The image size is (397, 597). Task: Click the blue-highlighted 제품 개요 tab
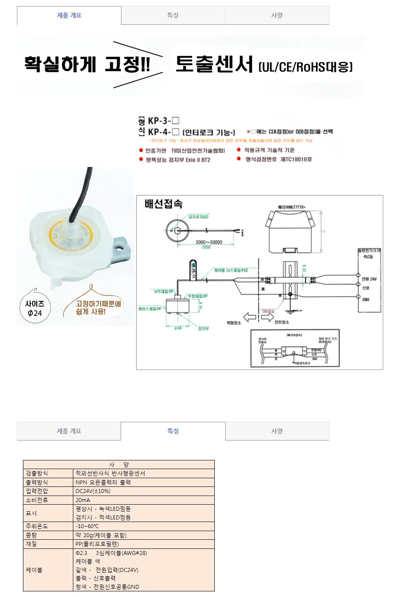click(x=69, y=15)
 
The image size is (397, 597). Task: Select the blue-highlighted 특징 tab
click(x=173, y=431)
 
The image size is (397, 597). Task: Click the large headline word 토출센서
click(x=214, y=65)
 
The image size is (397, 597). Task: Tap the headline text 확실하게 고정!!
click(x=87, y=65)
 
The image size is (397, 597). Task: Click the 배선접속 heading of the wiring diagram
click(x=164, y=204)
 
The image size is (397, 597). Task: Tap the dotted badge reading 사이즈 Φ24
click(x=35, y=308)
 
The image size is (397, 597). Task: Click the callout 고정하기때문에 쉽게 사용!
click(x=98, y=307)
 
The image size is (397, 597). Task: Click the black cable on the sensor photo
click(x=82, y=195)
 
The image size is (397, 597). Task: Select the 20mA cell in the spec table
click(x=83, y=500)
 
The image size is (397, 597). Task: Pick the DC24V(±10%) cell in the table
click(x=93, y=491)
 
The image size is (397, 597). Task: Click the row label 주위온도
click(x=37, y=526)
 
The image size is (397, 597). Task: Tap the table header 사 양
click(x=118, y=464)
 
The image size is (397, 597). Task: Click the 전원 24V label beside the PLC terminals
click(x=369, y=279)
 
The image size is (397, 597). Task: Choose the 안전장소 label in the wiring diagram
click(x=282, y=322)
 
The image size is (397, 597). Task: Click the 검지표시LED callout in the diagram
click(x=198, y=217)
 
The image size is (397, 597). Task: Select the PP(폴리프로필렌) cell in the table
click(x=97, y=544)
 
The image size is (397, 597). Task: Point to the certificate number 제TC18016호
click(x=296, y=160)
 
